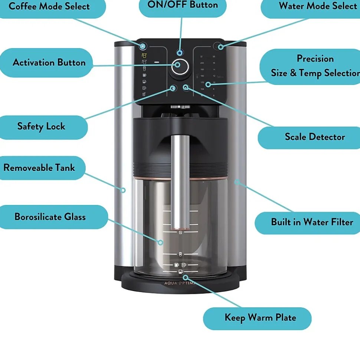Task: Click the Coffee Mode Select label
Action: tap(49, 7)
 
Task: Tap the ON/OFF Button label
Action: tap(183, 5)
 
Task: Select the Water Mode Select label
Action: tap(317, 6)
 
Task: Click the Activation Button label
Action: tap(49, 62)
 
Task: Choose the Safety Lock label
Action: tap(41, 126)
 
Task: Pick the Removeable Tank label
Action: tap(39, 168)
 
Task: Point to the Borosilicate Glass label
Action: tap(50, 217)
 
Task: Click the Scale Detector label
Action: tap(315, 137)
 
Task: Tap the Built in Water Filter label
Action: tap(312, 222)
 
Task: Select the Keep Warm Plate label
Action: tap(260, 318)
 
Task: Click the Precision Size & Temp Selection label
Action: tap(315, 66)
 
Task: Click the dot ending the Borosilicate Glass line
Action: tap(160, 242)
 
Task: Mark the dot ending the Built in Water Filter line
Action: tap(236, 182)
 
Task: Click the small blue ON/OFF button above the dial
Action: tap(180, 53)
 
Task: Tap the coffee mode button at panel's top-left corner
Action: tap(143, 46)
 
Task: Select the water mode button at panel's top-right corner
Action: tap(220, 47)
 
